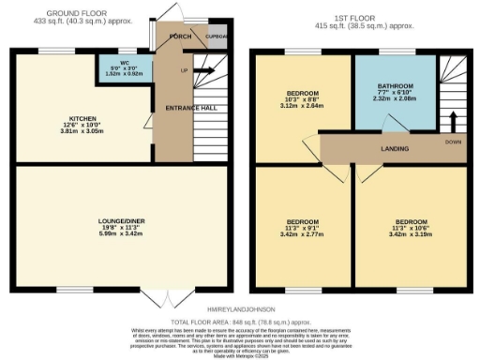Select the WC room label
pos(125,66)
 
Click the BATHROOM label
pos(395,85)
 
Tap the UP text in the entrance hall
pos(184,70)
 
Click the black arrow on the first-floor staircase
pos(452,123)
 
